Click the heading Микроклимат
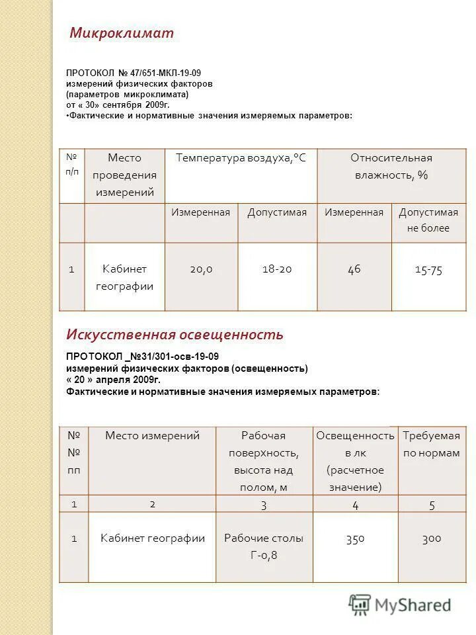(122, 33)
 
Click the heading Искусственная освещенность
(175, 334)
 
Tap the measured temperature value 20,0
(201, 269)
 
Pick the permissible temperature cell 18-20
(277, 269)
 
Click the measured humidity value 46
(354, 269)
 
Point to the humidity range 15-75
(428, 270)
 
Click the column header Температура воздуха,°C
(241, 158)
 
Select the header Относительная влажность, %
(391, 166)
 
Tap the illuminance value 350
(355, 538)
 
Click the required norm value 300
(431, 538)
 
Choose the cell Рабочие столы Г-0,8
(264, 546)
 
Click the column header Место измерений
(152, 435)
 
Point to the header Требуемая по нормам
(431, 444)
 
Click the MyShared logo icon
(360, 604)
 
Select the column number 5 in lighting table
(432, 505)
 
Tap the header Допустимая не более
(428, 220)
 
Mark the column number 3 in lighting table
(263, 505)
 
